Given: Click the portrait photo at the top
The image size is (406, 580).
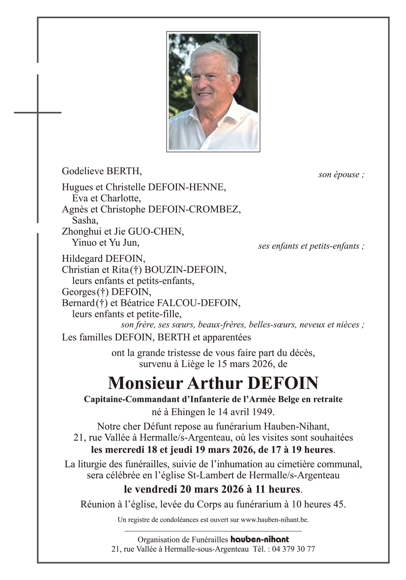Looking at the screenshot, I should tap(213, 92).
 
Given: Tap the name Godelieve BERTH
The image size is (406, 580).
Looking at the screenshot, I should tap(102, 171).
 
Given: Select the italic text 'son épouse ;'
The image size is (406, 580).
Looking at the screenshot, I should tap(341, 175).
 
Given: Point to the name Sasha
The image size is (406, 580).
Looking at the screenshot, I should tap(83, 220).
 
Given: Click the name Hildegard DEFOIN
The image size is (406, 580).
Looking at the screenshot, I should tap(103, 259).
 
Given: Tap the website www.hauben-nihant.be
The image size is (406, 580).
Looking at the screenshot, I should tap(274, 520).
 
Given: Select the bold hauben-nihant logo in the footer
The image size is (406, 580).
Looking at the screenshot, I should tap(260, 539).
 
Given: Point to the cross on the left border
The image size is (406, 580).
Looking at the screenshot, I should tap(38, 112).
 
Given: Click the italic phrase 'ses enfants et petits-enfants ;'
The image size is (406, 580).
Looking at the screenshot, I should tap(311, 246).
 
